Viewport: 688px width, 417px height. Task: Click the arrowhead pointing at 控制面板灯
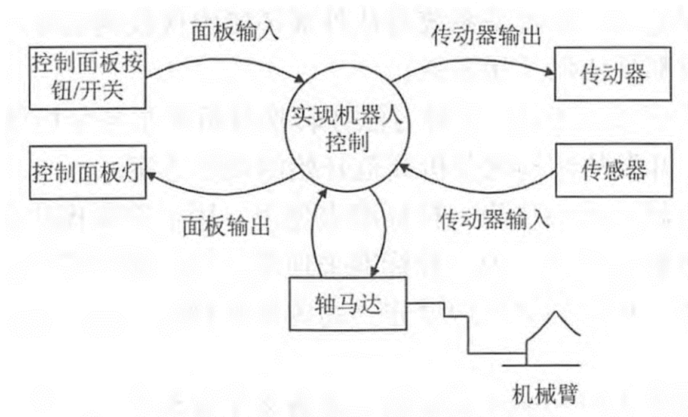tap(150, 175)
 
